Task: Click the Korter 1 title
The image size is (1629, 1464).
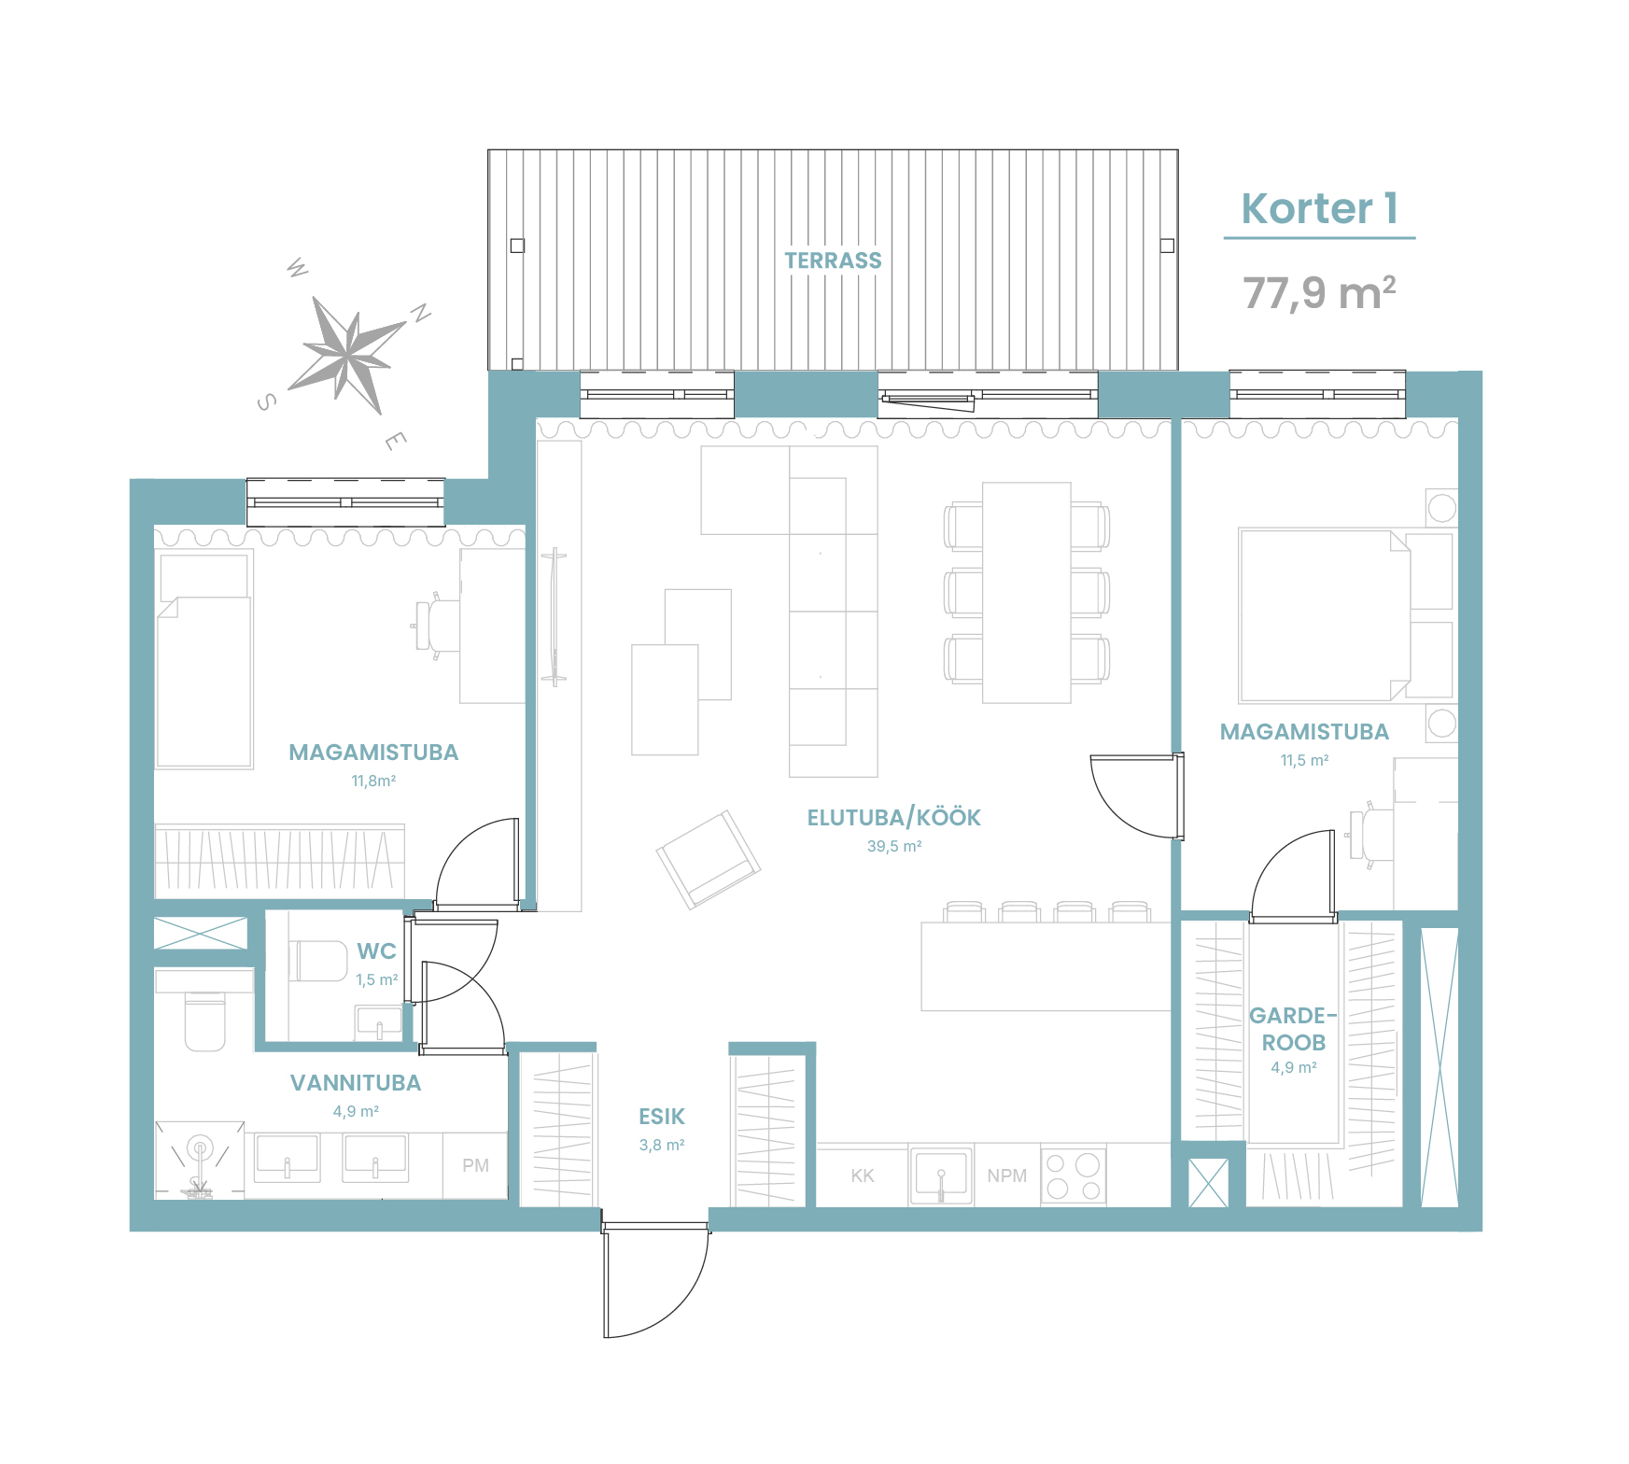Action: (1319, 208)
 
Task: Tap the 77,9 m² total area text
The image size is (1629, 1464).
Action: (1319, 292)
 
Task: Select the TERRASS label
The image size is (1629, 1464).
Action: (833, 260)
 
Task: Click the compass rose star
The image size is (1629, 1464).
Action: (348, 354)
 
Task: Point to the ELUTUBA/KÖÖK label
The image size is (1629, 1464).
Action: (893, 818)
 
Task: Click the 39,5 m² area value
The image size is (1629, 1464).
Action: (894, 846)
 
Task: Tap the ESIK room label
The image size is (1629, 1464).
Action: (662, 1117)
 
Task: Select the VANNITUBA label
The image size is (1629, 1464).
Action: (356, 1083)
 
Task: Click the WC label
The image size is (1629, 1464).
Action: (376, 951)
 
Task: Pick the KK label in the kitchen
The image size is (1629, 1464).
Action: (863, 1175)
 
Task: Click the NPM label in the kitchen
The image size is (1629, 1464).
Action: (1006, 1175)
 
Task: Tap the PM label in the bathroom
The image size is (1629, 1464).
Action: (475, 1165)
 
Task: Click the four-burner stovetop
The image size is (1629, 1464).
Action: (1074, 1175)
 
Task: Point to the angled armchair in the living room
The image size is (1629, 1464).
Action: (709, 859)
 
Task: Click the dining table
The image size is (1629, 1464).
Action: (1026, 593)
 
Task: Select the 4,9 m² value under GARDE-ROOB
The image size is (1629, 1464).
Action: (1293, 1067)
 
